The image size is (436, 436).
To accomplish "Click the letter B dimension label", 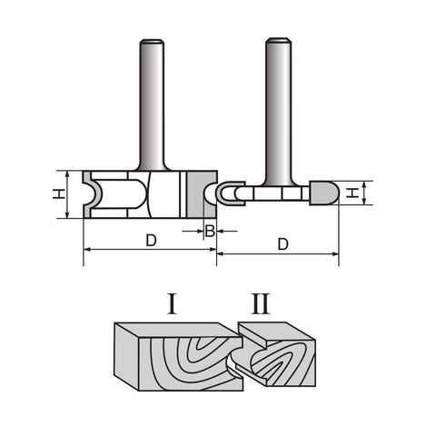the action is (210, 231).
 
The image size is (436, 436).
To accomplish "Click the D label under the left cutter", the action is (151, 241).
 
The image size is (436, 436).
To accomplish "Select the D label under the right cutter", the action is (282, 244).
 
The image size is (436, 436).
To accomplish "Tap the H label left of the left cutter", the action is (59, 193).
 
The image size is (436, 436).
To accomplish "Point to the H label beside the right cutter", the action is (352, 193).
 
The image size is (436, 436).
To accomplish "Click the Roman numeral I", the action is (173, 303).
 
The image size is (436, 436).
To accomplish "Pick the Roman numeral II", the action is (261, 303).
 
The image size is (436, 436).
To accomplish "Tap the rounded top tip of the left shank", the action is (152, 40).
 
